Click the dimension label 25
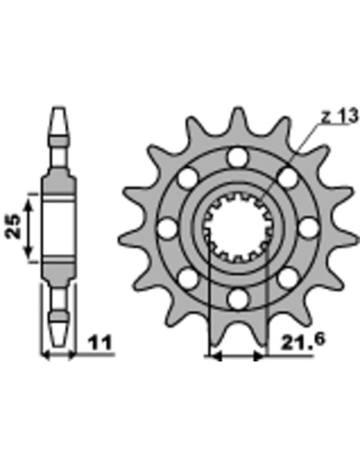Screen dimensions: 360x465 coord(13,226)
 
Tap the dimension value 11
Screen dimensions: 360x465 coord(100,343)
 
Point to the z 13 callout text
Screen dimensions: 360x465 coord(340,116)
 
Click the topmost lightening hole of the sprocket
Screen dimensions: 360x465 coord(238,157)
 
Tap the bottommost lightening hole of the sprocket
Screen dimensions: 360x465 coord(238,299)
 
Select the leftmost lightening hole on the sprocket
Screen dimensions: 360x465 coord(167,228)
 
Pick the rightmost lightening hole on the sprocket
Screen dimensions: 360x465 coord(309,228)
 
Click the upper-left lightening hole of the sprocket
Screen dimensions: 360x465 coord(188,178)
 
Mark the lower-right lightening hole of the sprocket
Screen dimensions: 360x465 coord(288,278)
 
